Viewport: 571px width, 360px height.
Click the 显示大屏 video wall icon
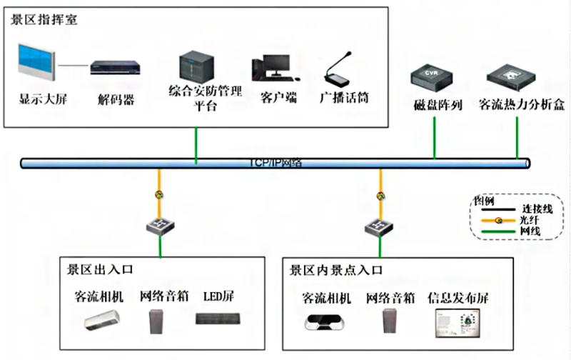[x=36, y=64]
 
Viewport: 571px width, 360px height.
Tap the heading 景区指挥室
[x=44, y=19]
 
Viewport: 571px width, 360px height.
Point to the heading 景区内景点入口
[x=336, y=271]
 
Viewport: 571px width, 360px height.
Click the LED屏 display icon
[x=215, y=321]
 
